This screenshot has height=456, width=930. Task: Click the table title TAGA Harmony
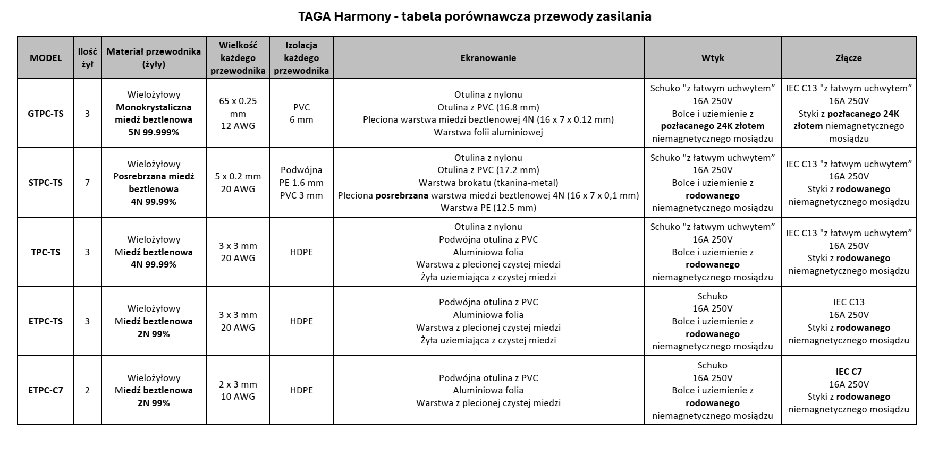coord(475,16)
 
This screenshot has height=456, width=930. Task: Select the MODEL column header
coord(46,58)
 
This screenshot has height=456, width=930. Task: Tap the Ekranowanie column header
coord(488,58)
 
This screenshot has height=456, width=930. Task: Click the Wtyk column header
coord(712,58)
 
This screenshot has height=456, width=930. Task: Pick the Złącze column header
coord(848,58)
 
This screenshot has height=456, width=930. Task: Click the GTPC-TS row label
coord(46,114)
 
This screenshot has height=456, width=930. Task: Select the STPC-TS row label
coord(46,183)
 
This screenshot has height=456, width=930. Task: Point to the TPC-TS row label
coord(46,252)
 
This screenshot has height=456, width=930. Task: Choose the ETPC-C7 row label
coord(46,390)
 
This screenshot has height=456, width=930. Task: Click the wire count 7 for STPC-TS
coord(87,183)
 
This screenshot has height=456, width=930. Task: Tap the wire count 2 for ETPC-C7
coord(87,390)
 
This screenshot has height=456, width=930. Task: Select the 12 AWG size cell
coord(238,126)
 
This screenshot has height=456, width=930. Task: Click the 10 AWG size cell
coord(238,397)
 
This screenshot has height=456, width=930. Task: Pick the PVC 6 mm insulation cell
coord(301,114)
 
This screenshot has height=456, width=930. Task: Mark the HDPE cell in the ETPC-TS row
coord(301,321)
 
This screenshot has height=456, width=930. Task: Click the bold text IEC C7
coord(849,372)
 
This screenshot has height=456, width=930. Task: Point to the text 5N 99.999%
coord(154,132)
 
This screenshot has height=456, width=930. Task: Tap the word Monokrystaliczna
coord(154,107)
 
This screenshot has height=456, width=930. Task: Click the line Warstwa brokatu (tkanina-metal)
coord(488,183)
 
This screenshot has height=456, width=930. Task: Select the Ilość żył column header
coord(87,58)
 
